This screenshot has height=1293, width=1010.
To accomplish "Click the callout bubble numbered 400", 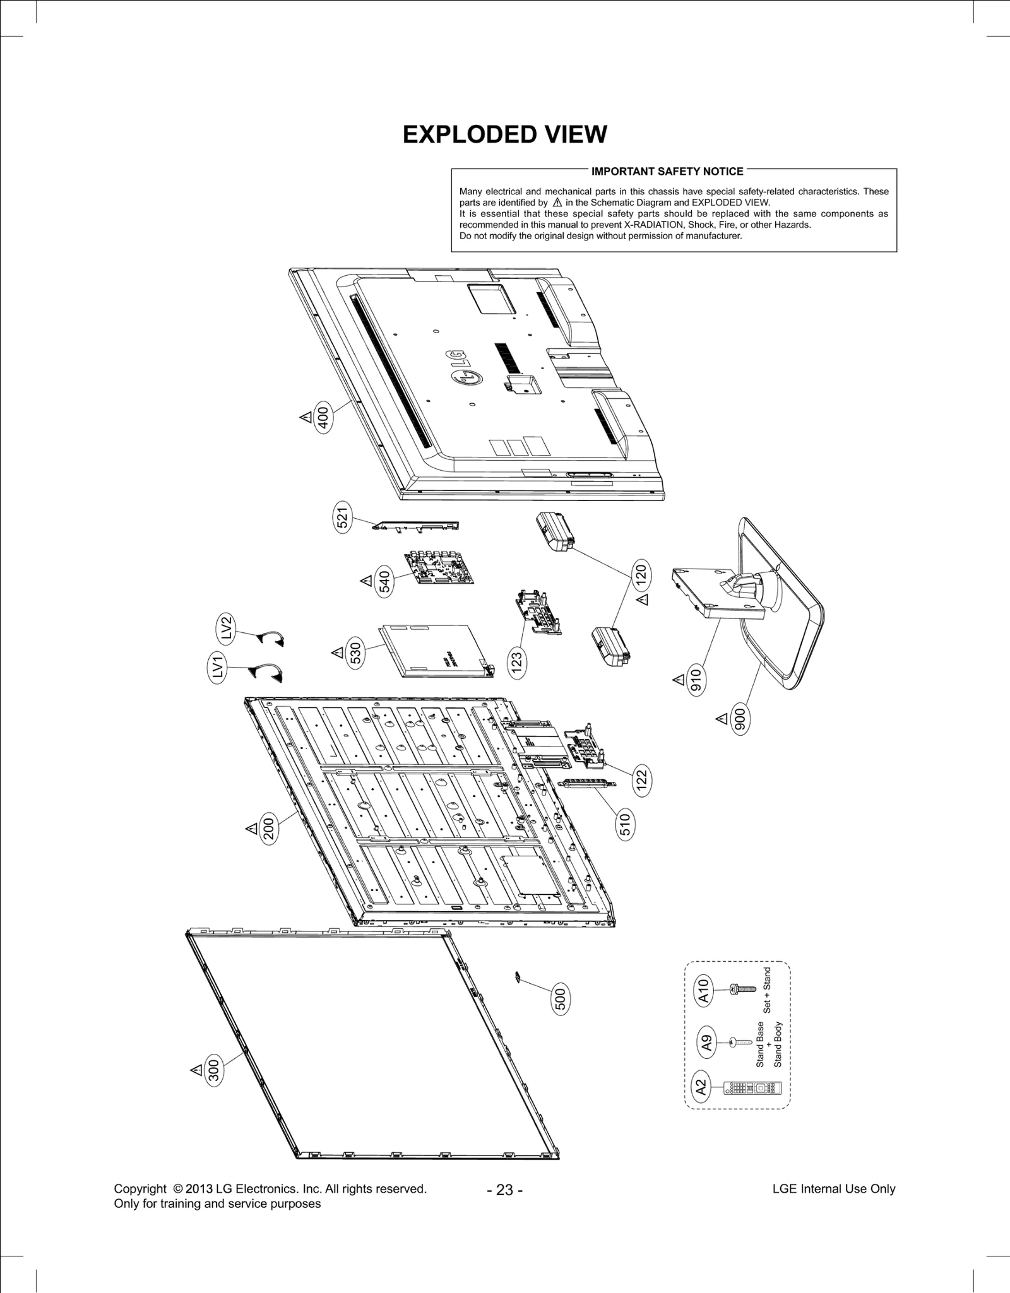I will [x=323, y=417].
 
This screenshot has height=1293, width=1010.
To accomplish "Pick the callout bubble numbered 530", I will [x=355, y=652].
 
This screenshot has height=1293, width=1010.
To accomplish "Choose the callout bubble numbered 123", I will [x=517, y=663].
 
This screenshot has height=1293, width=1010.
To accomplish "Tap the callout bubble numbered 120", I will [x=641, y=574].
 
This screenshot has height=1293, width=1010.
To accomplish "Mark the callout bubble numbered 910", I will [x=696, y=680].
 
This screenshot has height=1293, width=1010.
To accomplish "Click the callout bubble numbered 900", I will [x=740, y=719].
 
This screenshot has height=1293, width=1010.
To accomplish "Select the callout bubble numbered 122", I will [x=642, y=781].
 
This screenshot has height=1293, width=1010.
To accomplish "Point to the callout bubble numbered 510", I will [x=625, y=825].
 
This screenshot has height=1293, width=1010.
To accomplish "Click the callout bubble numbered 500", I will [x=560, y=1000].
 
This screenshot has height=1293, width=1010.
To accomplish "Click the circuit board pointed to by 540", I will [x=439, y=566].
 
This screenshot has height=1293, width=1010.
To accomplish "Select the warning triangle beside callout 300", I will [x=196, y=1070].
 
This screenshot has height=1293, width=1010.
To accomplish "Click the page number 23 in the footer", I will [x=504, y=1190].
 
